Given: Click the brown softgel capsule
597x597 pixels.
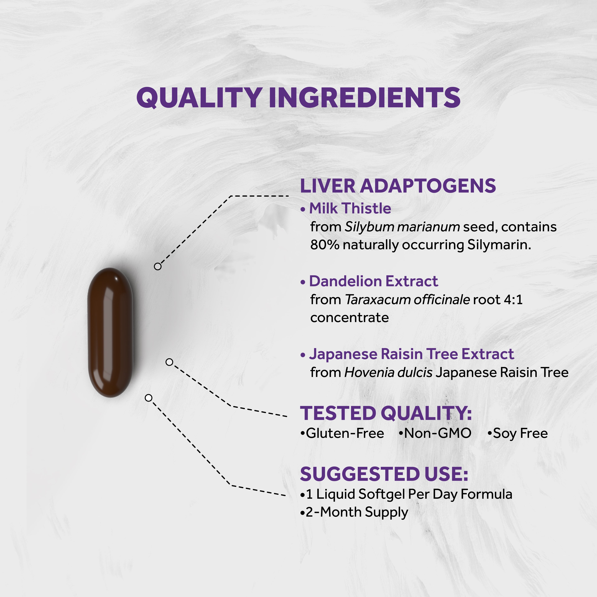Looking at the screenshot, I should click(x=110, y=332).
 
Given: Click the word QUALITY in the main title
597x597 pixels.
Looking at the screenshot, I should click(x=199, y=98).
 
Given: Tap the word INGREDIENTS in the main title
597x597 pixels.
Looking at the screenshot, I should click(x=365, y=98).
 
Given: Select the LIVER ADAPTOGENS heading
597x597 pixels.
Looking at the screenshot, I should click(x=398, y=186).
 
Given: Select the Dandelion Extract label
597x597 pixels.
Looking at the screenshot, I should click(x=373, y=281).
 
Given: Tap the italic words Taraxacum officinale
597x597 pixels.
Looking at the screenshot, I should click(x=407, y=299).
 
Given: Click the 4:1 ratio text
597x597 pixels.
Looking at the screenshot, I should click(x=513, y=299).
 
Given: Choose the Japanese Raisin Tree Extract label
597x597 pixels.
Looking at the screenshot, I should click(x=411, y=354).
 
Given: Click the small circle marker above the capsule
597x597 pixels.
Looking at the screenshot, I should click(x=158, y=266).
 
